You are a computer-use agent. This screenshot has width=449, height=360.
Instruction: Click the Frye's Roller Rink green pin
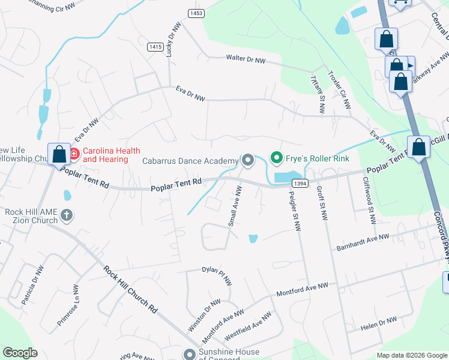pos(277,159)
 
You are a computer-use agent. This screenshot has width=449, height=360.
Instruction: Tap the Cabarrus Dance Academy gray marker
pos(247,160)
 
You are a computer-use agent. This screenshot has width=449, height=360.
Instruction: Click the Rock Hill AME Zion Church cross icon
pos(67,214)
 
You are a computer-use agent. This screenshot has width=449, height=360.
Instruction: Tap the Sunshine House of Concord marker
pos(190,355)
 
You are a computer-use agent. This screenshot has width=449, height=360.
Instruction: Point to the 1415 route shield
pos(155,46)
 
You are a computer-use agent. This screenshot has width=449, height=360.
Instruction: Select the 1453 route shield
pos(194,13)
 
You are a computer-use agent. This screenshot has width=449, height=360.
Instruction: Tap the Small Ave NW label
pos(235,206)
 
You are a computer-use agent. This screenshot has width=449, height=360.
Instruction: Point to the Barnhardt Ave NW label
pos(363,242)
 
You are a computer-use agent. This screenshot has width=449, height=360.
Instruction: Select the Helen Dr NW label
pos(379,325)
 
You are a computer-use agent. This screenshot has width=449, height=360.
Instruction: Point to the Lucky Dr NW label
pos(173,40)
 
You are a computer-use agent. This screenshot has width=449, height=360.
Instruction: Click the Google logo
pos(20,353)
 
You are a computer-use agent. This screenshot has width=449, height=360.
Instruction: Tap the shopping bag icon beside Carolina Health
pos(59,155)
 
